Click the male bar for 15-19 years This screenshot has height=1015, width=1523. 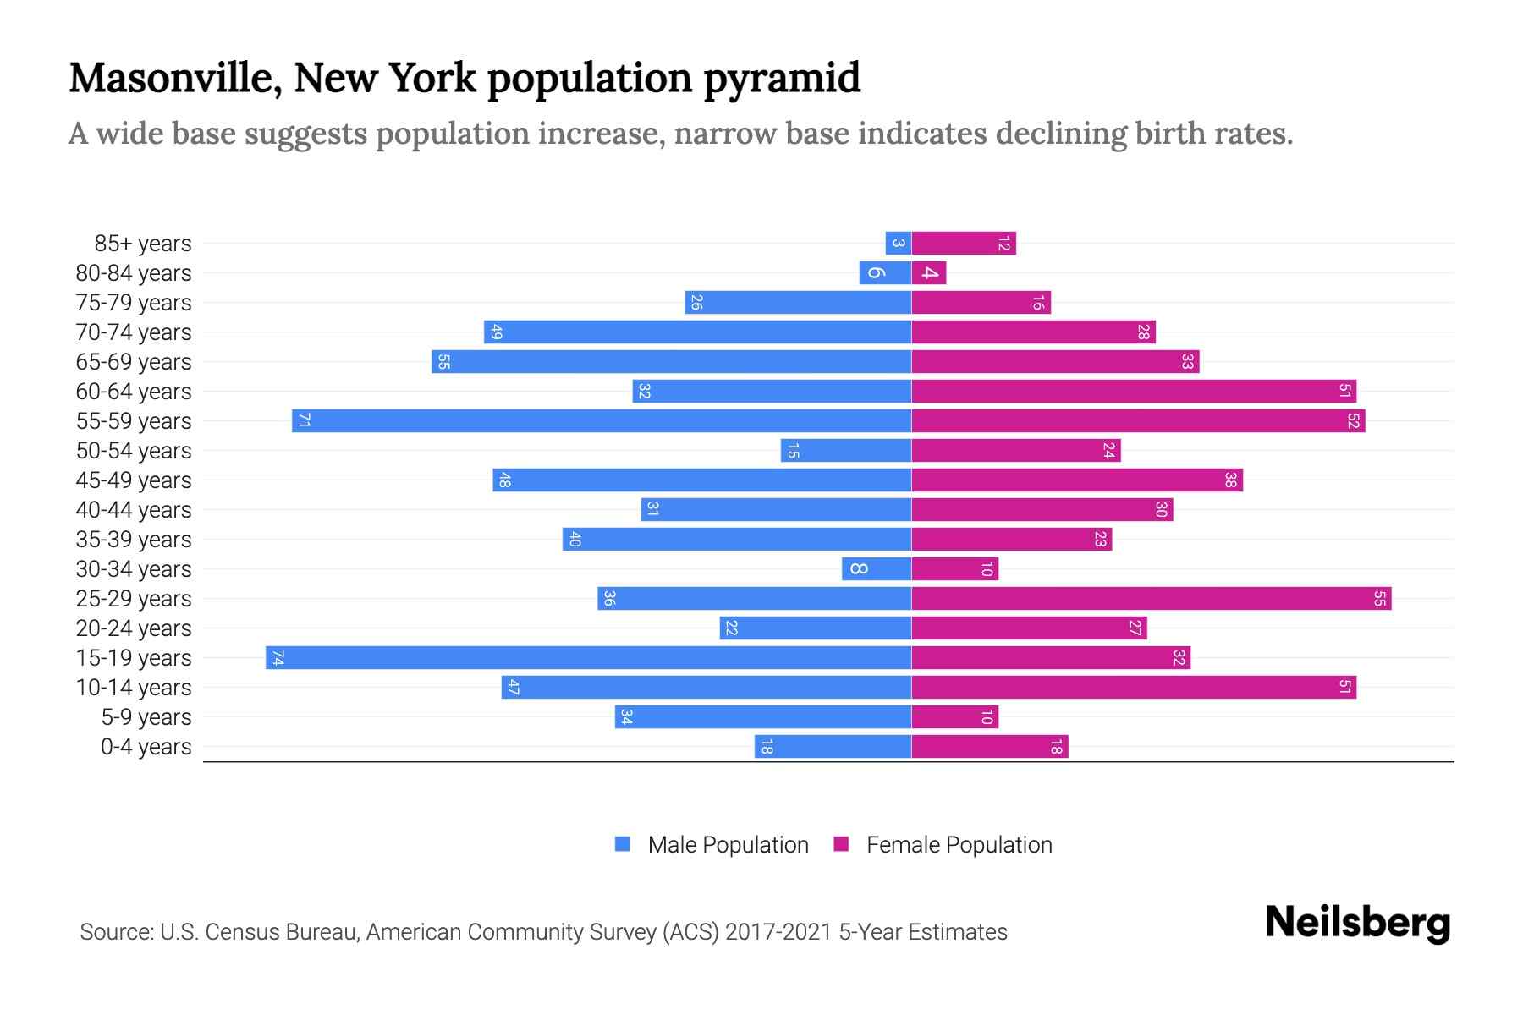point(588,657)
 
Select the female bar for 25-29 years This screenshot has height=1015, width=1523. point(1151,598)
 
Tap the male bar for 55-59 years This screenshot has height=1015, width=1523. point(602,420)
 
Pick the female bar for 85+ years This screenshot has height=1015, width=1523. point(964,244)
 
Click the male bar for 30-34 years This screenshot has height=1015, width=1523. point(877,568)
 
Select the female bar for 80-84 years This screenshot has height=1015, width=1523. point(929,273)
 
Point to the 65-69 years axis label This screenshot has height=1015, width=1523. point(134,362)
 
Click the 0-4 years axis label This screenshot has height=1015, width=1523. point(146,747)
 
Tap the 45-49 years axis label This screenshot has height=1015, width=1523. point(134,480)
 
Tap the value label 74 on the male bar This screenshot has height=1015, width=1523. point(278,657)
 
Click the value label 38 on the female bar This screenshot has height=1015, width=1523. point(1230,480)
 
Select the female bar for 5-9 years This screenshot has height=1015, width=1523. point(954,716)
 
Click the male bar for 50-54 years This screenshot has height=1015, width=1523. point(846,451)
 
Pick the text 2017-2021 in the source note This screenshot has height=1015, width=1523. point(778,932)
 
